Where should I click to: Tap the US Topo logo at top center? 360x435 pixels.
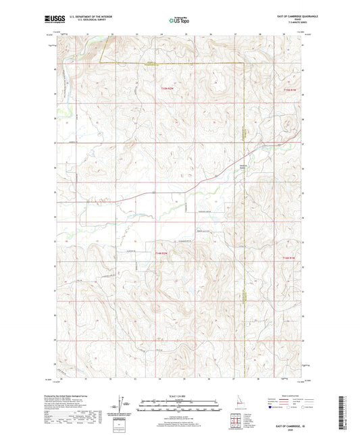[180, 22]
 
